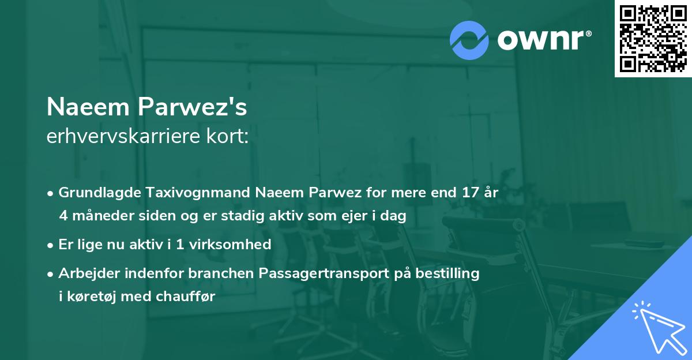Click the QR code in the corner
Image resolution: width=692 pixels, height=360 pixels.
click(x=653, y=38)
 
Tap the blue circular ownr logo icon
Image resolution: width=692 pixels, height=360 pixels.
click(x=469, y=39)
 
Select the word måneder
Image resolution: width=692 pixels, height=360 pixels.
click(x=101, y=216)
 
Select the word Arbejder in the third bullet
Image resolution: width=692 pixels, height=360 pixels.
click(x=86, y=273)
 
